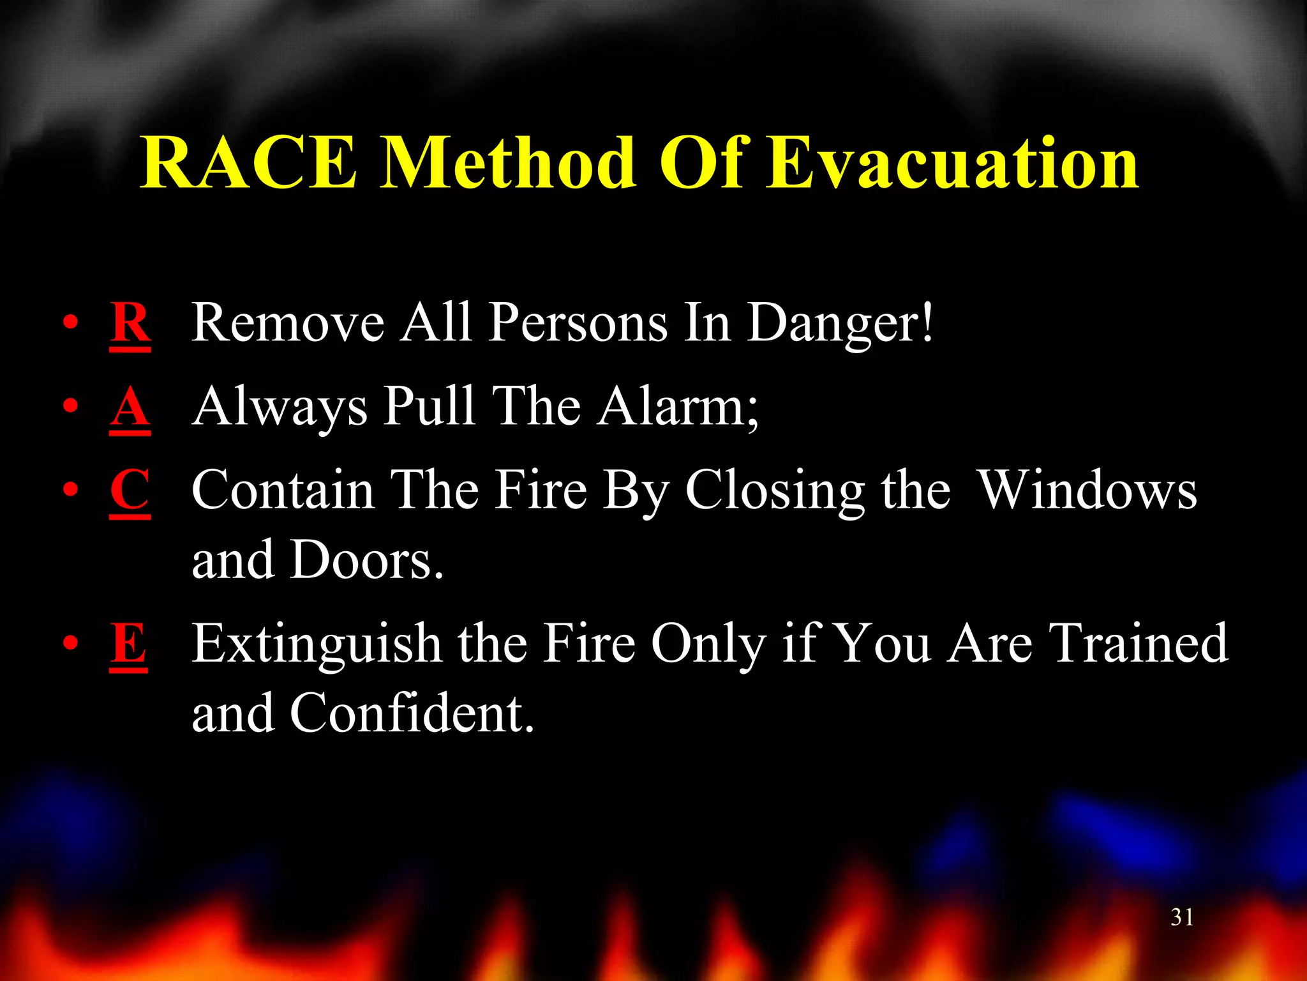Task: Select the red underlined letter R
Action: (130, 323)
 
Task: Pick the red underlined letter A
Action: (130, 407)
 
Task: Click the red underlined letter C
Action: (130, 490)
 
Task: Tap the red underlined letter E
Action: (129, 644)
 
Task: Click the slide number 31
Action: (1182, 917)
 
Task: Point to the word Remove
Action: (288, 323)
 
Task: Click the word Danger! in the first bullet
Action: (840, 323)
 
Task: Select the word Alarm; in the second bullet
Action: (678, 407)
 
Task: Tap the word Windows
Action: (1087, 490)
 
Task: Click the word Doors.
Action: (366, 561)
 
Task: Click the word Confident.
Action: (411, 713)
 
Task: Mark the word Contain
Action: (283, 490)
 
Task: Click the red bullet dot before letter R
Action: (71, 322)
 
